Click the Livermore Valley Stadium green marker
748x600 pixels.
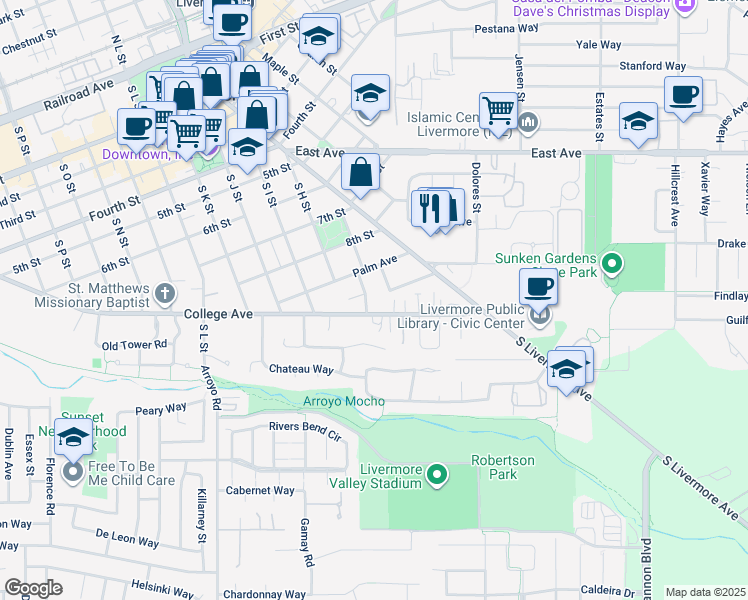tap(437, 474)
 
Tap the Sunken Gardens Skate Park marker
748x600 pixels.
tap(613, 264)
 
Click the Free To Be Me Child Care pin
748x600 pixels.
tap(72, 471)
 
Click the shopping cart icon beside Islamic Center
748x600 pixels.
tap(497, 111)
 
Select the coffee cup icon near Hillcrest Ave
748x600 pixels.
tap(683, 95)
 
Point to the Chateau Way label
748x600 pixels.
tap(300, 369)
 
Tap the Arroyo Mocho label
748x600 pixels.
tap(344, 402)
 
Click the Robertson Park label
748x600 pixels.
tap(503, 467)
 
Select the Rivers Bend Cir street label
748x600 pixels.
tap(305, 426)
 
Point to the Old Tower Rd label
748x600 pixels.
tap(133, 345)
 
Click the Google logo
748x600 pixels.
tap(33, 588)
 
